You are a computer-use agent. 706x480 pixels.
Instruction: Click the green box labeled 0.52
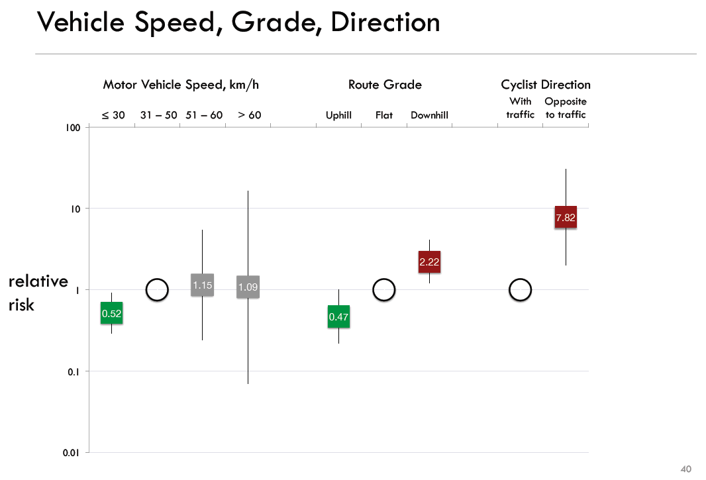(111, 313)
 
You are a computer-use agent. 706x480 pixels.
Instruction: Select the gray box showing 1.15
(202, 285)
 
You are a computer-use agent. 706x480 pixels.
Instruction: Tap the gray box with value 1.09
(248, 287)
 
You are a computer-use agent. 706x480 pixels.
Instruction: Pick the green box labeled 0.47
(338, 317)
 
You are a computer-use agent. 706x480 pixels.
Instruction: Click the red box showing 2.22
(429, 262)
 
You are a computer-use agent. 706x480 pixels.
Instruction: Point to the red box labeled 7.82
(566, 217)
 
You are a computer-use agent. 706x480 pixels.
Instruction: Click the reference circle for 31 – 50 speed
(157, 290)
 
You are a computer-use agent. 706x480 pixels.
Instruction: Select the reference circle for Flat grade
(384, 290)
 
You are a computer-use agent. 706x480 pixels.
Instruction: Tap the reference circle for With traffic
(521, 290)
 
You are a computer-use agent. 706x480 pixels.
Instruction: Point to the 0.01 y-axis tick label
(72, 453)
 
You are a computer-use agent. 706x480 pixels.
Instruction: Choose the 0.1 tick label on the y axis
(74, 371)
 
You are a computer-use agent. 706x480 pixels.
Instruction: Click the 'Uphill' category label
(338, 115)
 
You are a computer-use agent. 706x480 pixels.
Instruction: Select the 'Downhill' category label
(429, 115)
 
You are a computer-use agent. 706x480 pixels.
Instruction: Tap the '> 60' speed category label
(250, 115)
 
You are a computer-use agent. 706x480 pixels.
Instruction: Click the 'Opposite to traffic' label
(566, 108)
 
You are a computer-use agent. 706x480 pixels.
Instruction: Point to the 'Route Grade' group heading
(385, 85)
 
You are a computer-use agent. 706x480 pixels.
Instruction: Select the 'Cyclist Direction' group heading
(546, 85)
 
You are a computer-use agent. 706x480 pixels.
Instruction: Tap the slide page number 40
(686, 469)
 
